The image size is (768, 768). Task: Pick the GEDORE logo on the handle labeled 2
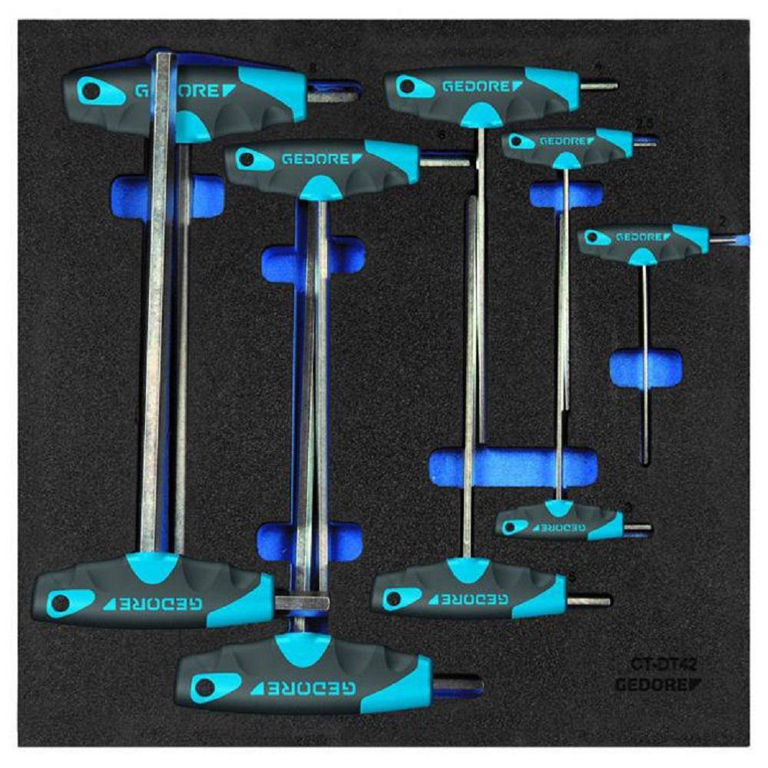click(x=639, y=237)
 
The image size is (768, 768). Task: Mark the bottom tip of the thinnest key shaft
click(x=647, y=461)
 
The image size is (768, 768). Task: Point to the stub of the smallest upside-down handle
click(x=637, y=528)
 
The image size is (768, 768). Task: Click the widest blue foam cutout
click(x=513, y=468)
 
